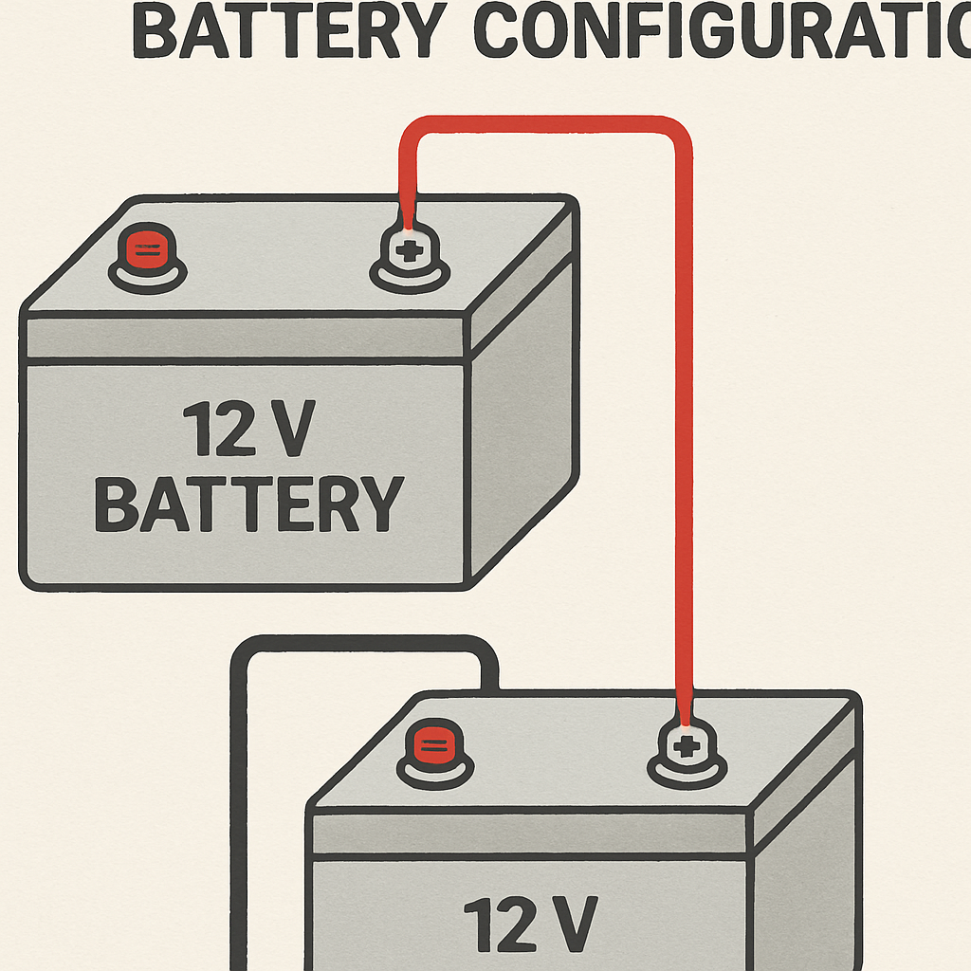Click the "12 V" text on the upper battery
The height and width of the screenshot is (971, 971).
247,430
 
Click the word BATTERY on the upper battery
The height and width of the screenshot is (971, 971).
248,504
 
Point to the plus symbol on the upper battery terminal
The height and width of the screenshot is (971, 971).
409,252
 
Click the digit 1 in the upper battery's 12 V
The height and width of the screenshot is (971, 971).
197,430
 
